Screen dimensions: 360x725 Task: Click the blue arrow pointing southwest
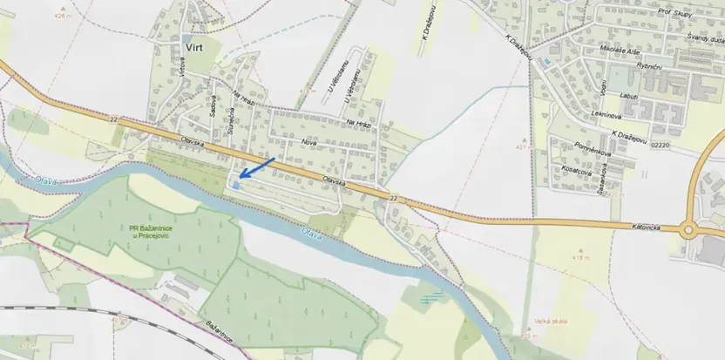(x=257, y=167)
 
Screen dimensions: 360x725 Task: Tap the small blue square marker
(x=235, y=185)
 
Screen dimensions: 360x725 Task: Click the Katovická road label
(x=651, y=228)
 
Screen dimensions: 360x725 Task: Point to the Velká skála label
(x=551, y=322)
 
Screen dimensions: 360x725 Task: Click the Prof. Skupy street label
(x=675, y=13)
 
